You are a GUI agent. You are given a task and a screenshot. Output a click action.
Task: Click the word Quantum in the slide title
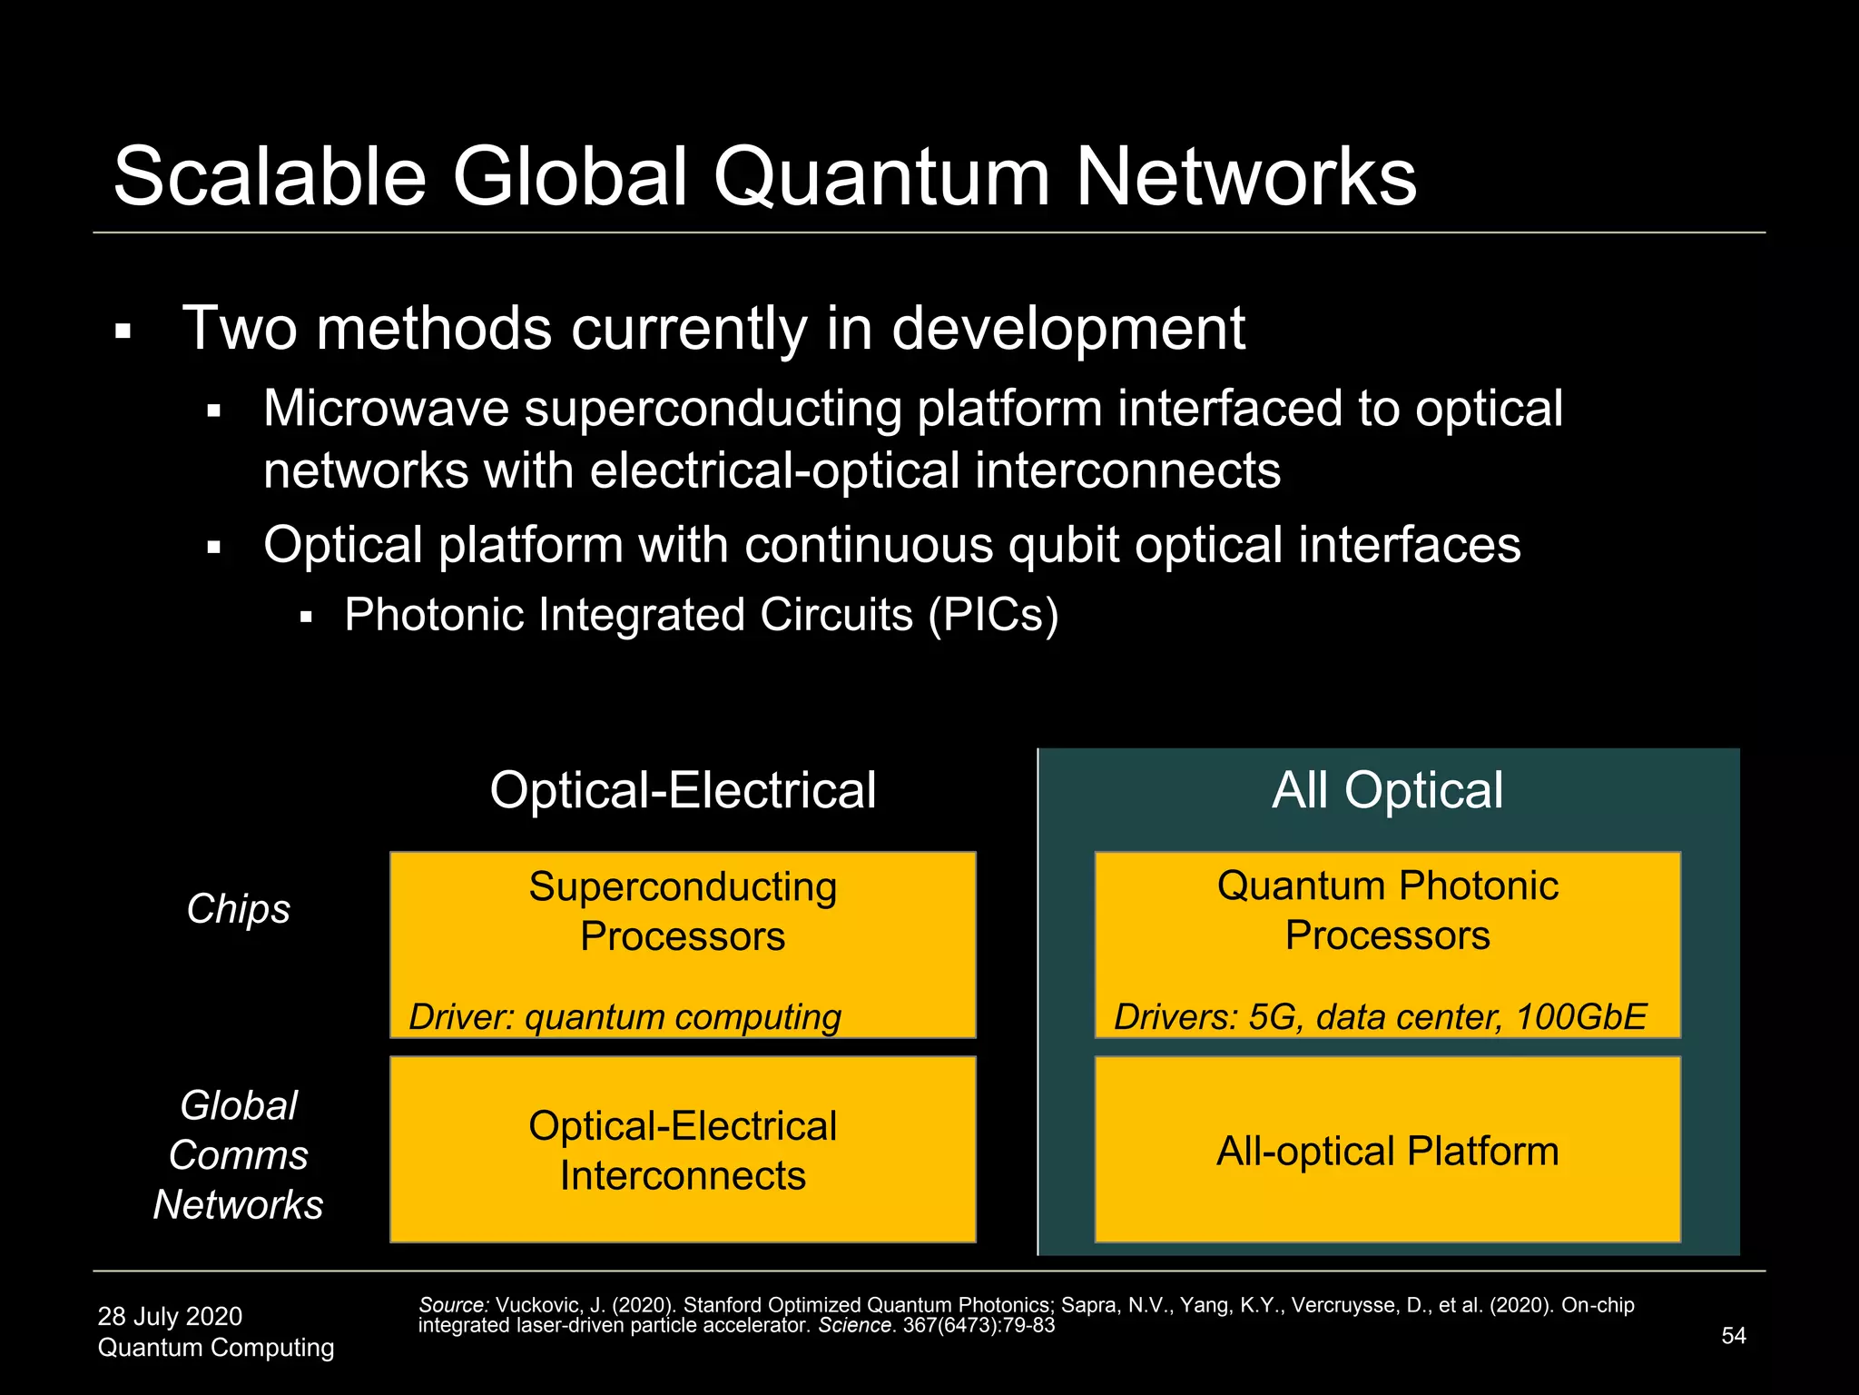pos(880,177)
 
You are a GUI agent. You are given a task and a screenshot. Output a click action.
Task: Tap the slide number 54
pos(1734,1335)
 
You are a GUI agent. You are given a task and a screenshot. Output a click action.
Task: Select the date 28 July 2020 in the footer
pos(170,1316)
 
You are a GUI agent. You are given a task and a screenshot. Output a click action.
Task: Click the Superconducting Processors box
pos(683,945)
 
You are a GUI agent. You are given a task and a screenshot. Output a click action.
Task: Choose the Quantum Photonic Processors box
pos(1387,945)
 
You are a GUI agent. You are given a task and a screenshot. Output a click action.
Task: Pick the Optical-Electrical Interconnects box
pos(683,1150)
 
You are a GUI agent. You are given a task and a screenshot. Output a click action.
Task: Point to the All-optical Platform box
pos(1387,1150)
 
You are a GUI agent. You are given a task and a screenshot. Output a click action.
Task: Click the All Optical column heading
pos(1387,789)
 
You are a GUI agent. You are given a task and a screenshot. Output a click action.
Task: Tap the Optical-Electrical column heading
pos(683,789)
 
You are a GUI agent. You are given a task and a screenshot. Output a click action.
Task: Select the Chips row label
pos(238,908)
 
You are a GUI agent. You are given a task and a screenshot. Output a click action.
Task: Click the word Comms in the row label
pos(238,1155)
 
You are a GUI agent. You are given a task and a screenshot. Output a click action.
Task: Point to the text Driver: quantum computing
pos(625,1017)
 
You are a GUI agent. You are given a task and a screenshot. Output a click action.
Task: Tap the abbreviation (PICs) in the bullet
pos(993,615)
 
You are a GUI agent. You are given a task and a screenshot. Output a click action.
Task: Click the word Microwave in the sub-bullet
pos(386,409)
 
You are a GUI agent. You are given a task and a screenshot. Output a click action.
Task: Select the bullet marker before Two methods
pos(123,331)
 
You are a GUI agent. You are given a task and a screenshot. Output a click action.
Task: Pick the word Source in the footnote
pos(453,1305)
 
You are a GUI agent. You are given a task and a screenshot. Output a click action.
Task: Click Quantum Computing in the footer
pos(216,1347)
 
